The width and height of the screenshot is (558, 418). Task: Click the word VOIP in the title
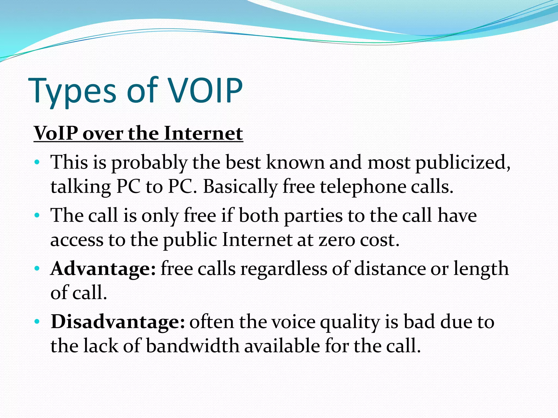tap(206, 90)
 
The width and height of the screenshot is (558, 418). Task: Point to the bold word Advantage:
tap(103, 269)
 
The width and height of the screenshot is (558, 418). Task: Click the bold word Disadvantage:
tap(118, 322)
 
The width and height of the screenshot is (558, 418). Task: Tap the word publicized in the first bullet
tap(462, 163)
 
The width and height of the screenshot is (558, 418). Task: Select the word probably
tap(149, 163)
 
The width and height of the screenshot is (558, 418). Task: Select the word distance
tap(390, 269)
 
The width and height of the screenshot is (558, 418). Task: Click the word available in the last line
tap(282, 346)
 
